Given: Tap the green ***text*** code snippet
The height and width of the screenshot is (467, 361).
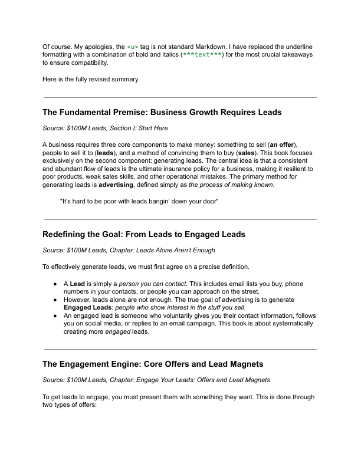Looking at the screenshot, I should tap(202, 54).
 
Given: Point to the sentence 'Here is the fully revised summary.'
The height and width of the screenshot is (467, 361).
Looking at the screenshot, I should tap(91, 79).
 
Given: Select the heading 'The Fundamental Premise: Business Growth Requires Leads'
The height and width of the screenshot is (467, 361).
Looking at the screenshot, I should tap(162, 112).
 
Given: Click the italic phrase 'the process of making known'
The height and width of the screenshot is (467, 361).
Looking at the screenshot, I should tap(231, 185).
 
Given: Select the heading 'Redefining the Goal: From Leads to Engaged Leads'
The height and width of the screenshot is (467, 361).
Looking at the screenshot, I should tap(144, 234).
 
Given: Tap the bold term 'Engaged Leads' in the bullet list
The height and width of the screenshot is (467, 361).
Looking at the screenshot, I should tap(88, 308).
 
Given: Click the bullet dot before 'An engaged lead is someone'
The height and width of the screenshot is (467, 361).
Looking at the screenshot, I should tap(55, 316).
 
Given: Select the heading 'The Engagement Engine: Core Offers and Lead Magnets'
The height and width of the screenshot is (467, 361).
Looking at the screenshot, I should tap(153, 364).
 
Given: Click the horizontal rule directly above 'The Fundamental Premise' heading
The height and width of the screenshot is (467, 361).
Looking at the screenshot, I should tap(180, 97).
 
